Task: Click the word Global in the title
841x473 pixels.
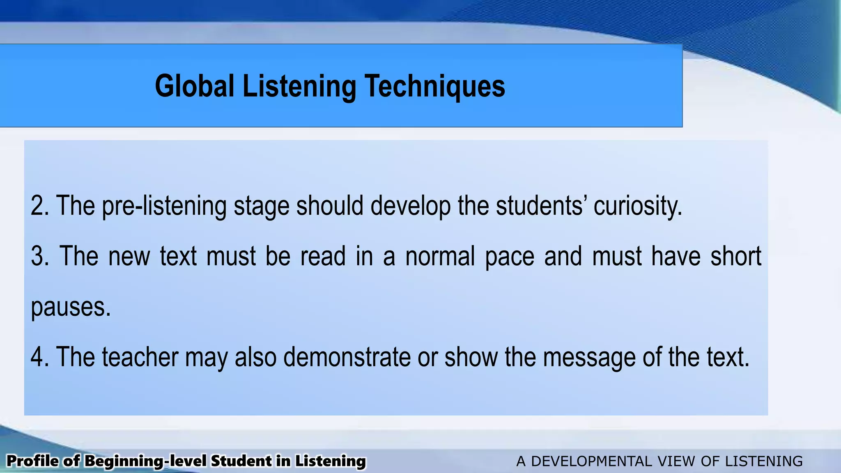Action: (x=194, y=86)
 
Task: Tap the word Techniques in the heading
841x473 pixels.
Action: (x=435, y=87)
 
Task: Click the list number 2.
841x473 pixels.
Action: (x=38, y=205)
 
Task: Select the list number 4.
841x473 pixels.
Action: (x=38, y=356)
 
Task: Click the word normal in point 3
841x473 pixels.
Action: (x=440, y=256)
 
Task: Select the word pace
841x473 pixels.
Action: (x=510, y=256)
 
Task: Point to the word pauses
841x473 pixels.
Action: (x=70, y=307)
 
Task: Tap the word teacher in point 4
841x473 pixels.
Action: (x=140, y=356)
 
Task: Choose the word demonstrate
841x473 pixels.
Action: (x=347, y=356)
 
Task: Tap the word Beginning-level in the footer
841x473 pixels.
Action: (x=145, y=461)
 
